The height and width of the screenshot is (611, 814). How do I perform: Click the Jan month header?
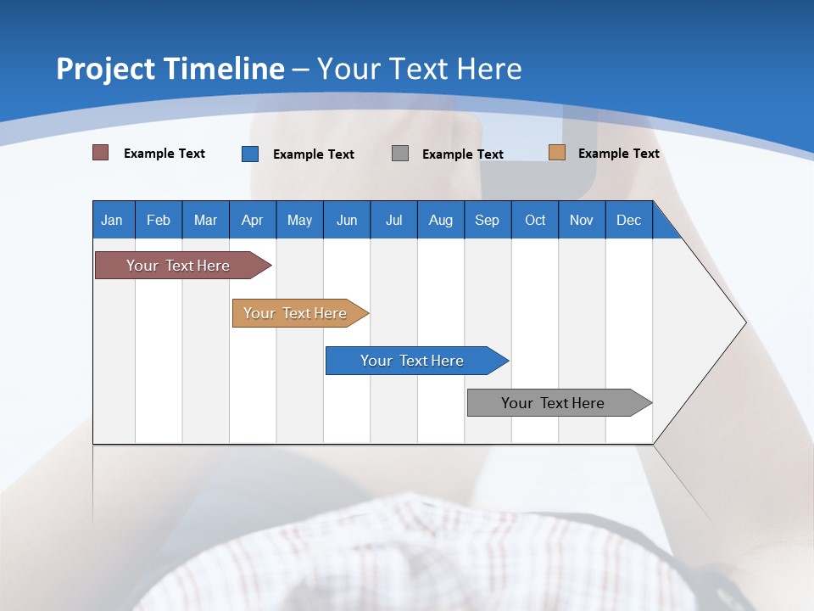pyautogui.click(x=112, y=220)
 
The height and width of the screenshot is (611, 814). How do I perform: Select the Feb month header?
pyautogui.click(x=159, y=220)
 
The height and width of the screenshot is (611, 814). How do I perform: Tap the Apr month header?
pyautogui.click(x=252, y=220)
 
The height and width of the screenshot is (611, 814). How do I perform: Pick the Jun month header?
pyautogui.click(x=347, y=220)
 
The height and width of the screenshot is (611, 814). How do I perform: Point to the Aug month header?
pyautogui.click(x=440, y=220)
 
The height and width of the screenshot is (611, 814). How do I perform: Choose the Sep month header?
pyautogui.click(x=487, y=220)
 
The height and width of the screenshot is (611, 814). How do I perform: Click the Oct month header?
pyautogui.click(x=535, y=220)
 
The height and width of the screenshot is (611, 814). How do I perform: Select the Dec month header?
pyautogui.click(x=628, y=220)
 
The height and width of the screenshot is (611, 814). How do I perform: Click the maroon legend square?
pyautogui.click(x=101, y=153)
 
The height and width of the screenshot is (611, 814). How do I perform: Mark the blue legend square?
pyautogui.click(x=250, y=154)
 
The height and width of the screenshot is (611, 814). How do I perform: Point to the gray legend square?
pyautogui.click(x=400, y=154)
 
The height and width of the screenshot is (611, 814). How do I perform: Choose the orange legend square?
pyautogui.click(x=557, y=153)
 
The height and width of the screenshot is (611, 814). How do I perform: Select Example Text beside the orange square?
pyautogui.click(x=618, y=154)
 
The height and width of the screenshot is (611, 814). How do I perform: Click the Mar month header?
pyautogui.click(x=205, y=220)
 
